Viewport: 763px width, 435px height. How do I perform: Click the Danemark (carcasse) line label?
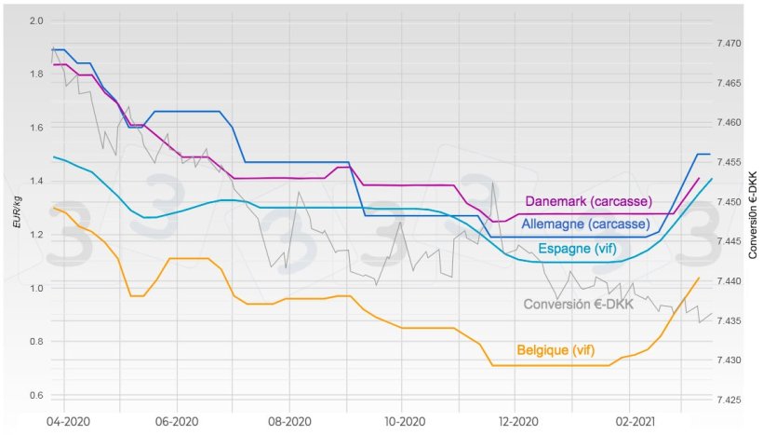(x=588, y=201)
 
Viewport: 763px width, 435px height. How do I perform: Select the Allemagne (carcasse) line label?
(x=585, y=224)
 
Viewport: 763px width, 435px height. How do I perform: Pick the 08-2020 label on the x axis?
(x=288, y=421)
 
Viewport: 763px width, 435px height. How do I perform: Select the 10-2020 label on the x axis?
(x=401, y=421)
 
